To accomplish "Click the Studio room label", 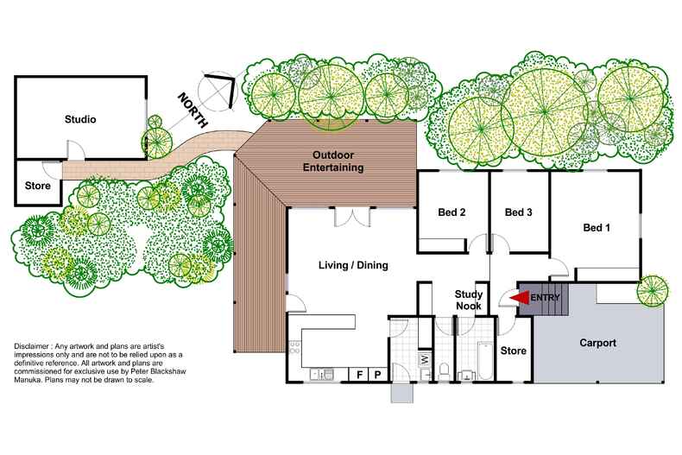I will point(80,119).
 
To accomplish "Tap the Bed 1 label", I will point(597,228).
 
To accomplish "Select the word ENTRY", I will point(546,299).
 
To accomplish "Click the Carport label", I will point(597,343).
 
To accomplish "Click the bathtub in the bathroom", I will point(483,361).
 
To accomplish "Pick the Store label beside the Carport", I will point(513,351).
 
